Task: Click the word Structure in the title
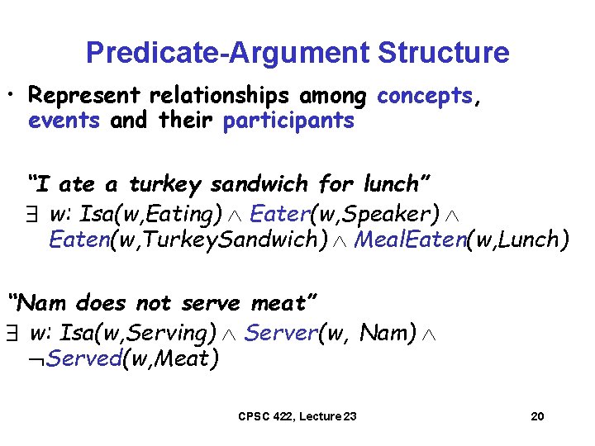coord(444,53)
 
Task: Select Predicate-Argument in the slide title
coord(228,53)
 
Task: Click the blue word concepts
coord(424,97)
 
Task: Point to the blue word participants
coord(288,121)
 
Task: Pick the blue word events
coord(64,121)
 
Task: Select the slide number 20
coord(537,416)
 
